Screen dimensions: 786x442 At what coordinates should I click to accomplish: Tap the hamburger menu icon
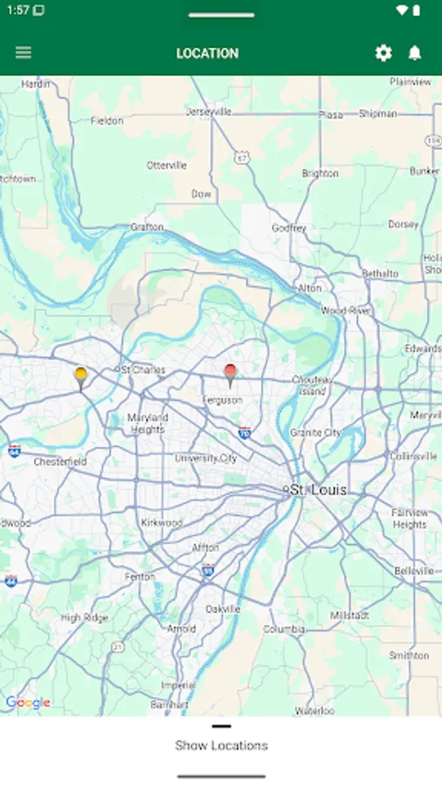tap(24, 52)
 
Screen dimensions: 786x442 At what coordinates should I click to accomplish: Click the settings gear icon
tap(383, 53)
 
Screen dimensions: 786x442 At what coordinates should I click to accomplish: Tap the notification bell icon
tap(415, 53)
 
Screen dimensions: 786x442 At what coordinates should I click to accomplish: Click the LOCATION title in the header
tap(207, 53)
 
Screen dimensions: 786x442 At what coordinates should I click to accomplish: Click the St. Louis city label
tap(318, 490)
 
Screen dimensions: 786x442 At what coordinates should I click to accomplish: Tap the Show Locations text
tap(221, 745)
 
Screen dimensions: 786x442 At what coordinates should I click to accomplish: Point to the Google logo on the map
tap(28, 702)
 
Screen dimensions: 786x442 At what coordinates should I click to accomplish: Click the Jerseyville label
tap(209, 112)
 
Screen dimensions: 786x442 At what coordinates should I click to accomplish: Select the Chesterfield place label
tap(60, 461)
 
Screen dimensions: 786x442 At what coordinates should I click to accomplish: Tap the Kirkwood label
tap(162, 522)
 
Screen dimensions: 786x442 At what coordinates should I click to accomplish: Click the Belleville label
tap(413, 570)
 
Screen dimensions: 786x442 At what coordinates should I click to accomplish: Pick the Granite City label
tap(315, 432)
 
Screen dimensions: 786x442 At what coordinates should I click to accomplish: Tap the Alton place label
tap(310, 287)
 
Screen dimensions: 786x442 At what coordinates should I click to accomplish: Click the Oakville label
tap(223, 609)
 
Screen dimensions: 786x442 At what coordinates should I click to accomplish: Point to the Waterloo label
tap(314, 711)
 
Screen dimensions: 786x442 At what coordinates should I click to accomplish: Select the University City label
tap(205, 458)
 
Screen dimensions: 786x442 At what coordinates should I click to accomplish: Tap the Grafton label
tap(147, 227)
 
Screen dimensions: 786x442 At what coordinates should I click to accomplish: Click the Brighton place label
tap(320, 174)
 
